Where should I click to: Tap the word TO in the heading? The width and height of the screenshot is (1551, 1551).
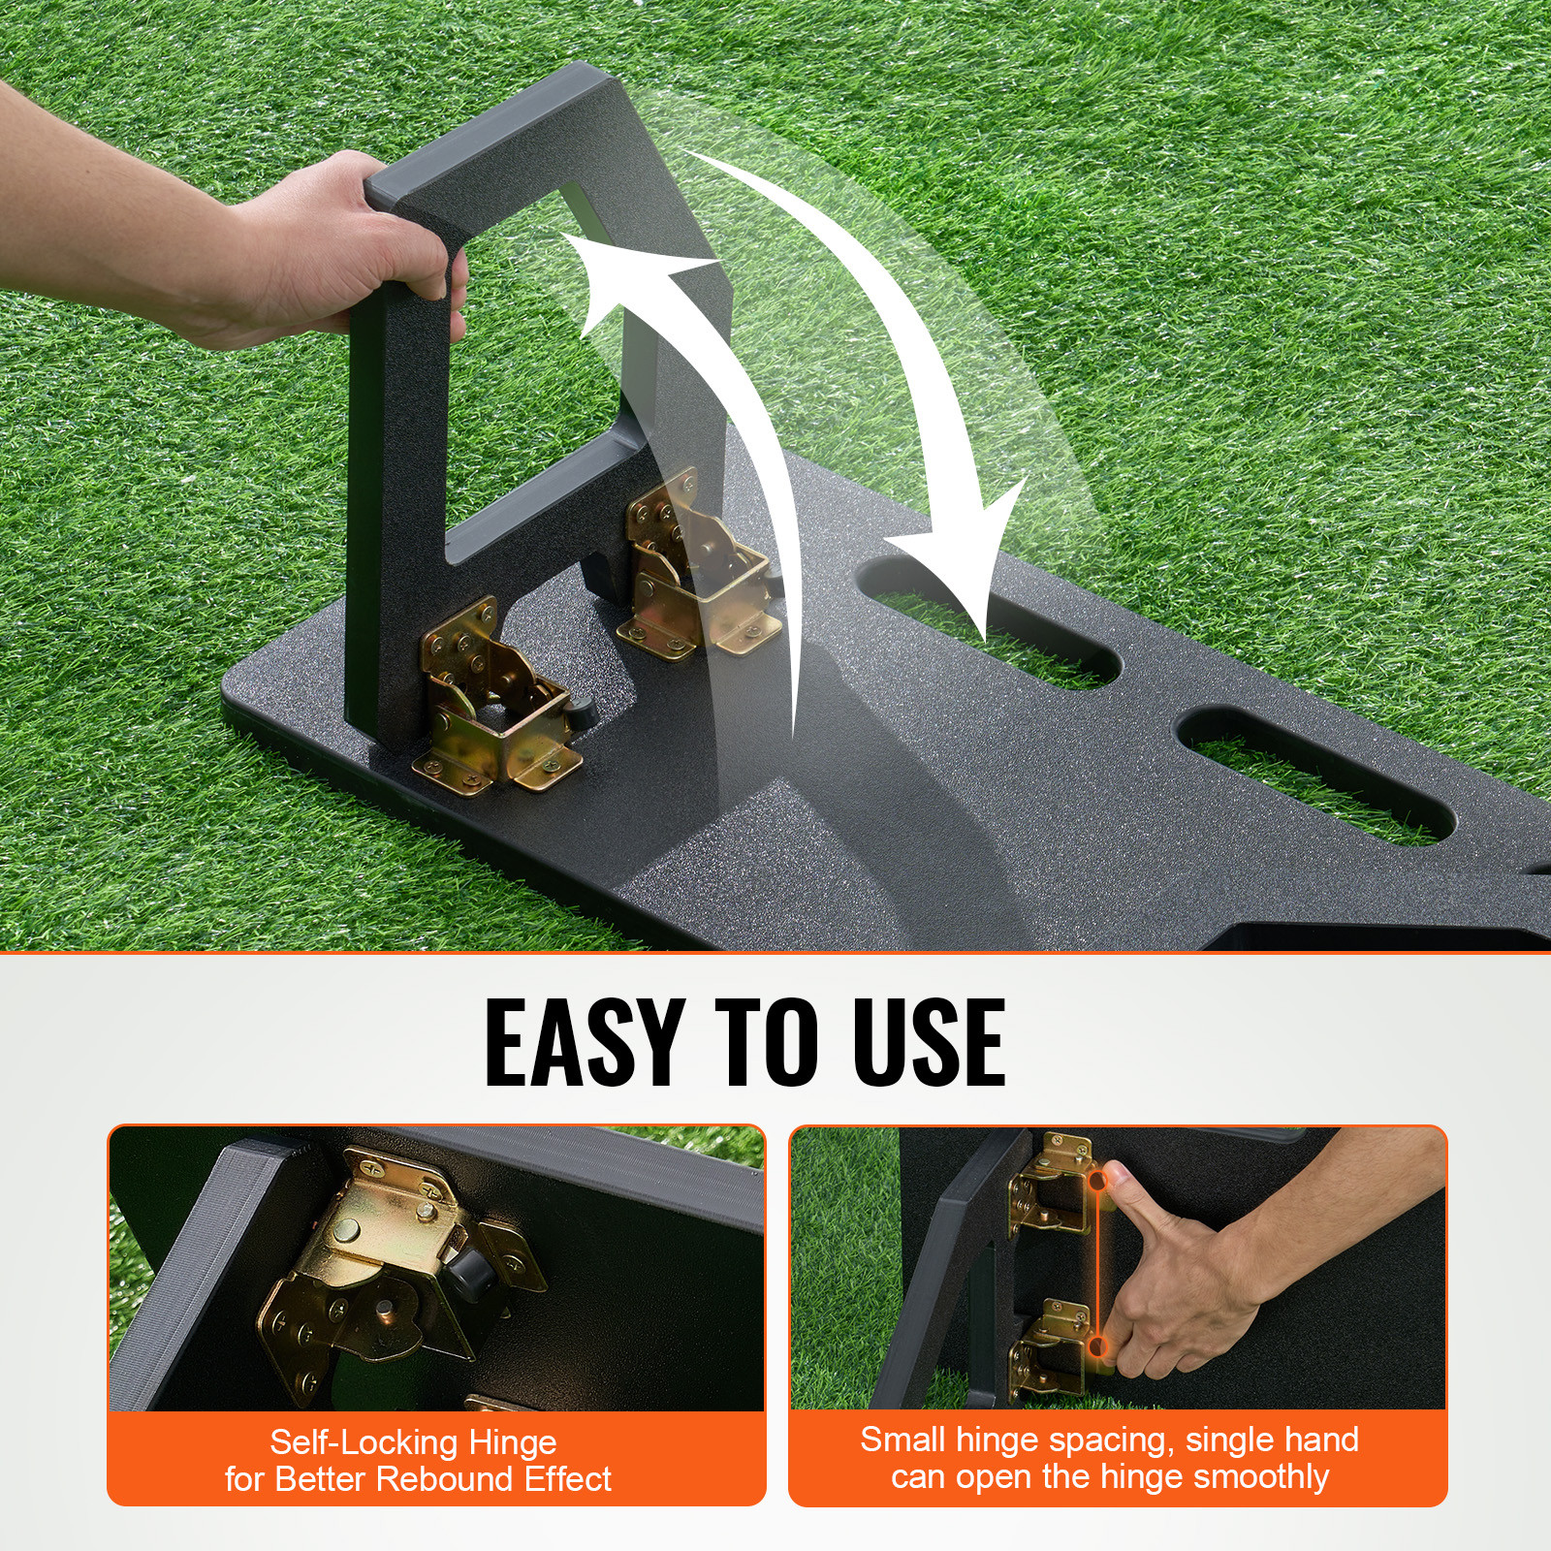pos(762,1041)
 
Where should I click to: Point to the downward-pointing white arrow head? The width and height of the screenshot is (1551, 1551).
pos(979,572)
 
